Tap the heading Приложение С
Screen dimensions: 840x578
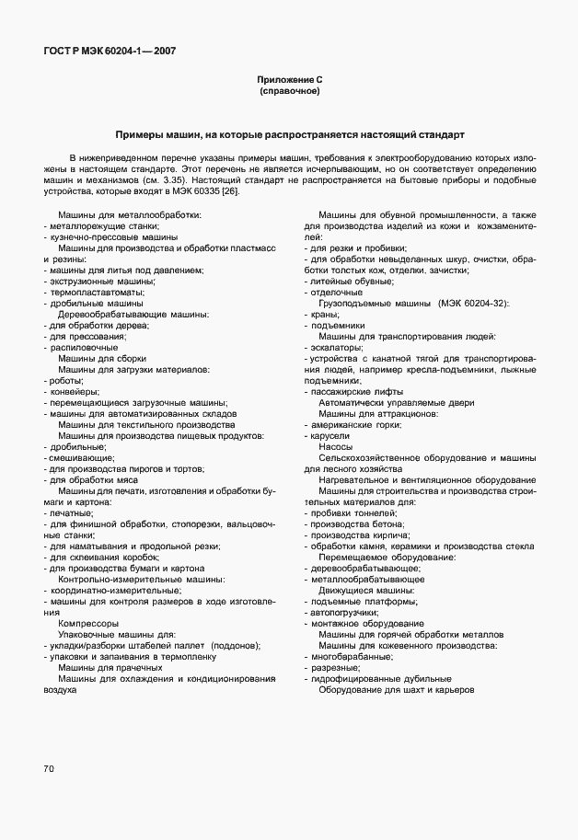[x=289, y=81]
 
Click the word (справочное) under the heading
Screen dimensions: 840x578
[x=289, y=92]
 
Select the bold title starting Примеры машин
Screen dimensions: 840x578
[x=289, y=134]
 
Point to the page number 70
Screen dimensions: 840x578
[x=48, y=767]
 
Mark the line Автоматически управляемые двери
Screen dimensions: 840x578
[x=397, y=402]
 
